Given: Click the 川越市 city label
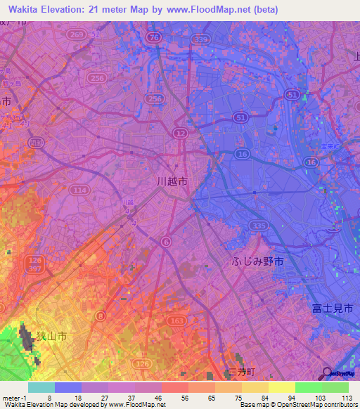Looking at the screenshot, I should (172, 181).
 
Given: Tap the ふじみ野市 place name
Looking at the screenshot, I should (258, 261).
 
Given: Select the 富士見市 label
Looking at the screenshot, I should (333, 308).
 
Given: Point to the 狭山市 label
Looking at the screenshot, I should (52, 337).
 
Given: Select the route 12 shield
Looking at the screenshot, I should (181, 132).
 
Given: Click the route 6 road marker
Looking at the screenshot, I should (166, 241).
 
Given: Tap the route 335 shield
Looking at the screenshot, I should (259, 225).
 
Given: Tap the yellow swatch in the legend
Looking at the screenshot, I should (281, 387).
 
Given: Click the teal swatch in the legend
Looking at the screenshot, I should (41, 387).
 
